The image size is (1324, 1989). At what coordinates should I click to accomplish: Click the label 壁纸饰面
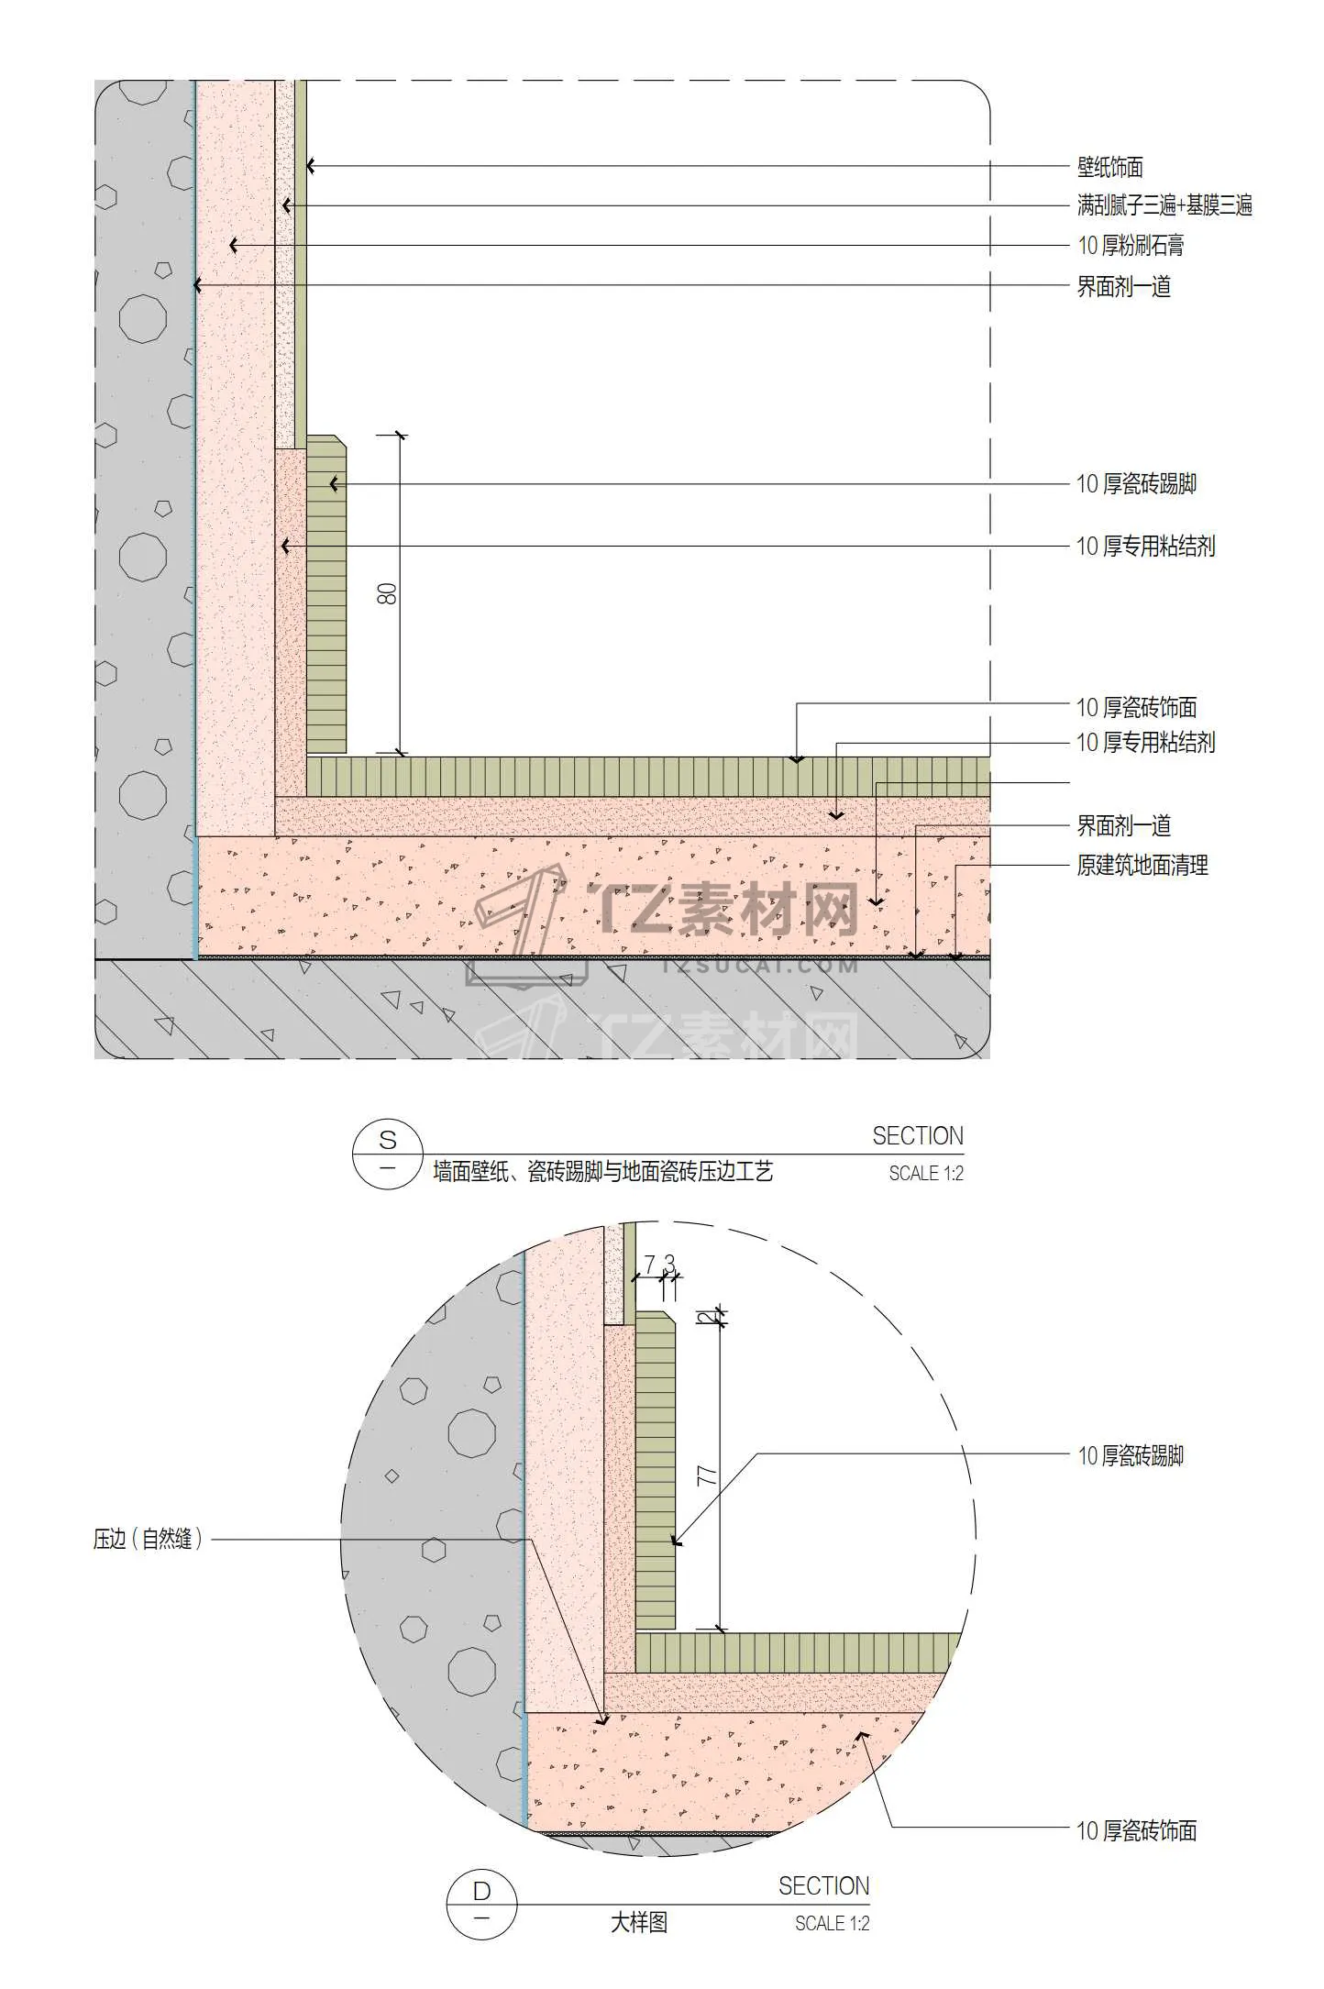[x=1109, y=167]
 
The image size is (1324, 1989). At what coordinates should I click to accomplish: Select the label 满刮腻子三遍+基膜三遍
[x=1164, y=205]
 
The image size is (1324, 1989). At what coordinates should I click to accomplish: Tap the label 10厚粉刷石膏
[x=1131, y=245]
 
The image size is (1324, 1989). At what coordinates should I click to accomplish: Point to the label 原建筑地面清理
[x=1142, y=865]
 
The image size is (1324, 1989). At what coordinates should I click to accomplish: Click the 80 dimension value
[x=388, y=593]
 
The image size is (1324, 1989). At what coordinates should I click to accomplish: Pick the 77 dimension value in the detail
[x=707, y=1475]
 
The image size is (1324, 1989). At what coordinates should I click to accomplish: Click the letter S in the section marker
[x=388, y=1140]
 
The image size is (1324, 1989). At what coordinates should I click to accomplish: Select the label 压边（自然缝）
[x=148, y=1538]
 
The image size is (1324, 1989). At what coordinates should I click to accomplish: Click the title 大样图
[x=639, y=1922]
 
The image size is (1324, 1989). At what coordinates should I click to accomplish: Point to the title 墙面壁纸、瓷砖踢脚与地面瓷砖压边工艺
[x=603, y=1171]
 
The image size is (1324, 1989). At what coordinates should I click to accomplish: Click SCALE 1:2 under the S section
[x=926, y=1173]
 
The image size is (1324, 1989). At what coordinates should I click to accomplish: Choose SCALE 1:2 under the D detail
[x=833, y=1923]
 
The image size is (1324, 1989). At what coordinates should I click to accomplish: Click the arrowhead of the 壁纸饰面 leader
[x=311, y=166]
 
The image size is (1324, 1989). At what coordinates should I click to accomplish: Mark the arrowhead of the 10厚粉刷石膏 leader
[x=234, y=245]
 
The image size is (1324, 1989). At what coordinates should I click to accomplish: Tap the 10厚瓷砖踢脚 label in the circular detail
[x=1131, y=1455]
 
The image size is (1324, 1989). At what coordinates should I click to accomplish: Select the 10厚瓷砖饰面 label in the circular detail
[x=1137, y=1830]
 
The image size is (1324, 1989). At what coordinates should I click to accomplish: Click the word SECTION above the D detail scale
[x=824, y=1885]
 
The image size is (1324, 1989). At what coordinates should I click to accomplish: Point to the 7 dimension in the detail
[x=649, y=1265]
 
